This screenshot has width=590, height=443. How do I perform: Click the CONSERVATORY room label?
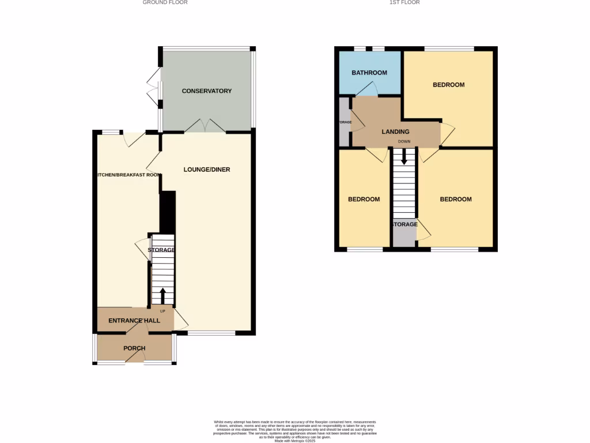click(x=206, y=91)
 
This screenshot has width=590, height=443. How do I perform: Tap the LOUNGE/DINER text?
click(x=207, y=170)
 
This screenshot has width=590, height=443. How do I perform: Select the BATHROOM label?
click(x=369, y=73)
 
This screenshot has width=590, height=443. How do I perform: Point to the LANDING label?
click(x=395, y=132)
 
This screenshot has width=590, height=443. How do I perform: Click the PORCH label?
click(x=134, y=348)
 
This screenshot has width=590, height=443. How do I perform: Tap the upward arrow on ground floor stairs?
click(x=162, y=295)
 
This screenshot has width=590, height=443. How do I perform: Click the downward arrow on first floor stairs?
click(x=404, y=156)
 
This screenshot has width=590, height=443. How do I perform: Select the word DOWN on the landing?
click(x=404, y=141)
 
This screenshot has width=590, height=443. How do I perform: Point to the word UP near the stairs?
click(x=162, y=311)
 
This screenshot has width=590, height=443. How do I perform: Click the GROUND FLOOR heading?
click(x=165, y=2)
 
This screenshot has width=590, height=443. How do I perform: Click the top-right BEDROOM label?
click(x=448, y=85)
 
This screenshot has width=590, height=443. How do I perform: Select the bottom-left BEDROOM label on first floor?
click(x=364, y=200)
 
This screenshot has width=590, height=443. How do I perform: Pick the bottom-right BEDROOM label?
click(x=455, y=200)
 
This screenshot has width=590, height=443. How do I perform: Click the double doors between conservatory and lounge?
click(x=206, y=126)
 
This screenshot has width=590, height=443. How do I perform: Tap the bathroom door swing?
click(x=367, y=89)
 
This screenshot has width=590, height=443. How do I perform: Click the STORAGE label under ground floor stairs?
click(x=162, y=250)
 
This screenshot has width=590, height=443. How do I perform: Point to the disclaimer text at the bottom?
click(x=295, y=430)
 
